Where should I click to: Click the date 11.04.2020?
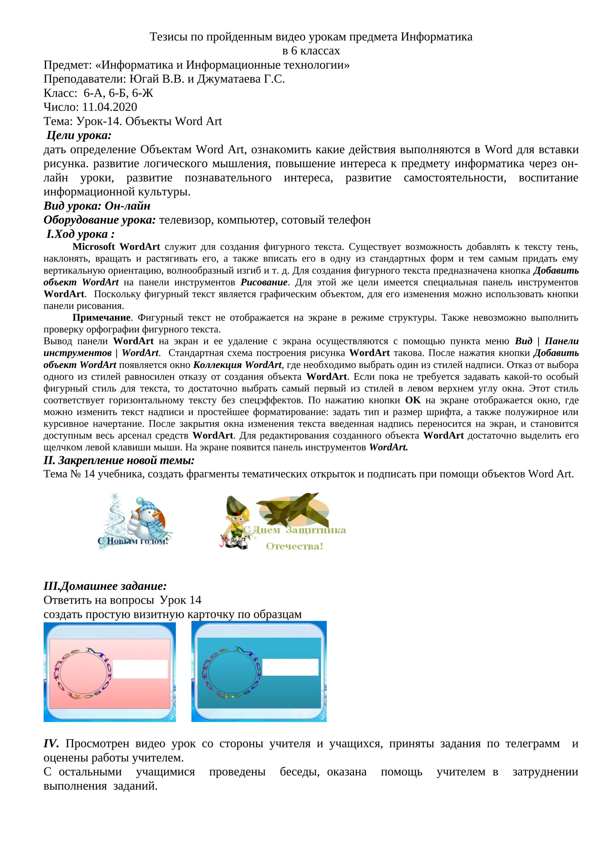(x=109, y=107)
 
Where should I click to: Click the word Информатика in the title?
(x=437, y=37)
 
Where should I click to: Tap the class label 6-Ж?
(x=142, y=93)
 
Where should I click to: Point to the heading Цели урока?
(x=79, y=135)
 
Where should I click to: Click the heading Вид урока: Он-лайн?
(x=97, y=206)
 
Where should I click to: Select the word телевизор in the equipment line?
(x=186, y=220)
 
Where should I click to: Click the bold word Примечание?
(x=101, y=317)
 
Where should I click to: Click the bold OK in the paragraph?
(x=413, y=400)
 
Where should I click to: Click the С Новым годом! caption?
(x=133, y=541)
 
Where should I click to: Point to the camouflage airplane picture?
(x=293, y=510)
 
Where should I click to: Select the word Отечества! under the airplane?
(x=294, y=546)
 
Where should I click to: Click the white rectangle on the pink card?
(x=140, y=669)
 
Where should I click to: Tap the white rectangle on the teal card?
(x=290, y=667)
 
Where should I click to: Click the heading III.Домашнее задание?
(x=105, y=586)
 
